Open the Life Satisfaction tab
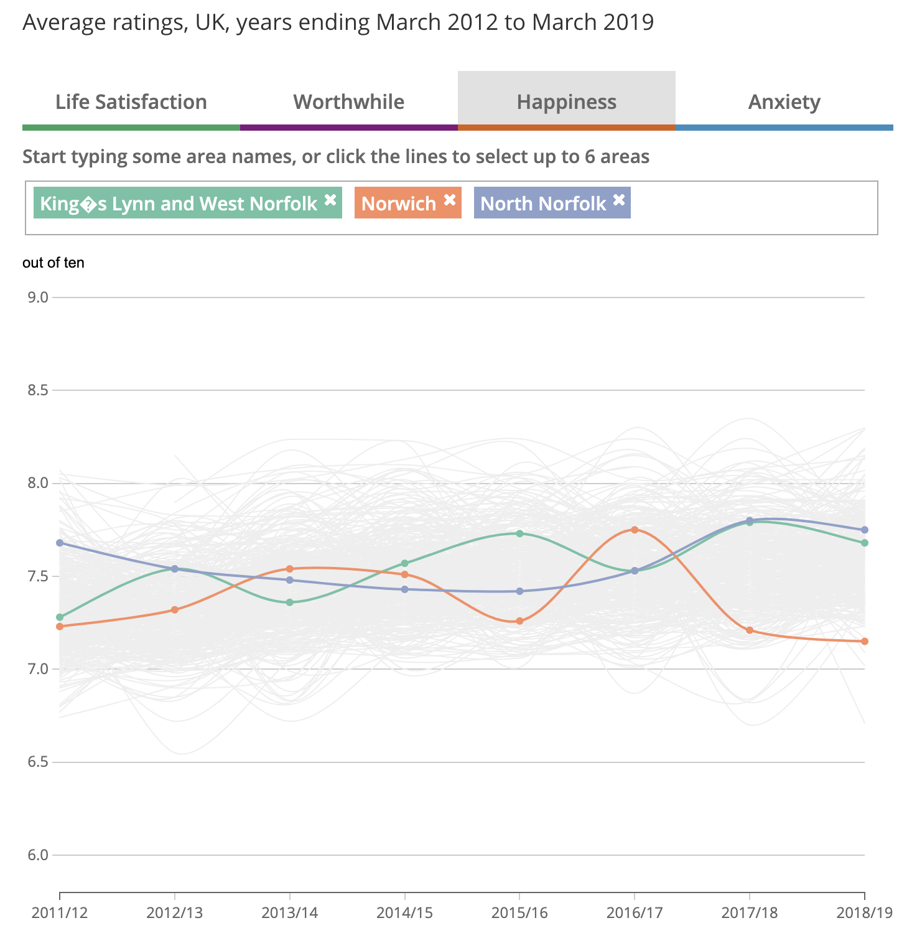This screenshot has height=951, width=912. (131, 101)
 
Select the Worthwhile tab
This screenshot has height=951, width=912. (349, 101)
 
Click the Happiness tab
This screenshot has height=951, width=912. (567, 101)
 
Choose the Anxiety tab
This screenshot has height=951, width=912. (784, 101)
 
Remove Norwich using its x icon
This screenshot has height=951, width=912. (450, 200)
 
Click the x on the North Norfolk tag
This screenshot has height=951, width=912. (619, 200)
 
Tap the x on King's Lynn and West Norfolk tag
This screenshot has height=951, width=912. (330, 200)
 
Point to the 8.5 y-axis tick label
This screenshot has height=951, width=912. (38, 390)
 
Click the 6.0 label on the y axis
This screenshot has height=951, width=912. (38, 855)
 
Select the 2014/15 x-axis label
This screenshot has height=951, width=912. (405, 912)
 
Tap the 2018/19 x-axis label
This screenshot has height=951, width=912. (865, 912)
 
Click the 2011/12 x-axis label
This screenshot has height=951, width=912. (60, 912)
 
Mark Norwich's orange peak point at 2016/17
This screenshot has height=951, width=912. (635, 530)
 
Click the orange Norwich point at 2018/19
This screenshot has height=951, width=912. (865, 641)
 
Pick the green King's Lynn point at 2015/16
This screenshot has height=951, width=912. (520, 533)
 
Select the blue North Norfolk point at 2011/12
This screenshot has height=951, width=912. (60, 543)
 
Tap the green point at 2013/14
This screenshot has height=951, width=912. (290, 602)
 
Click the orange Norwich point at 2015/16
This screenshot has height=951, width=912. (520, 621)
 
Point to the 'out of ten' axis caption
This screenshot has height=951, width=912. (54, 263)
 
